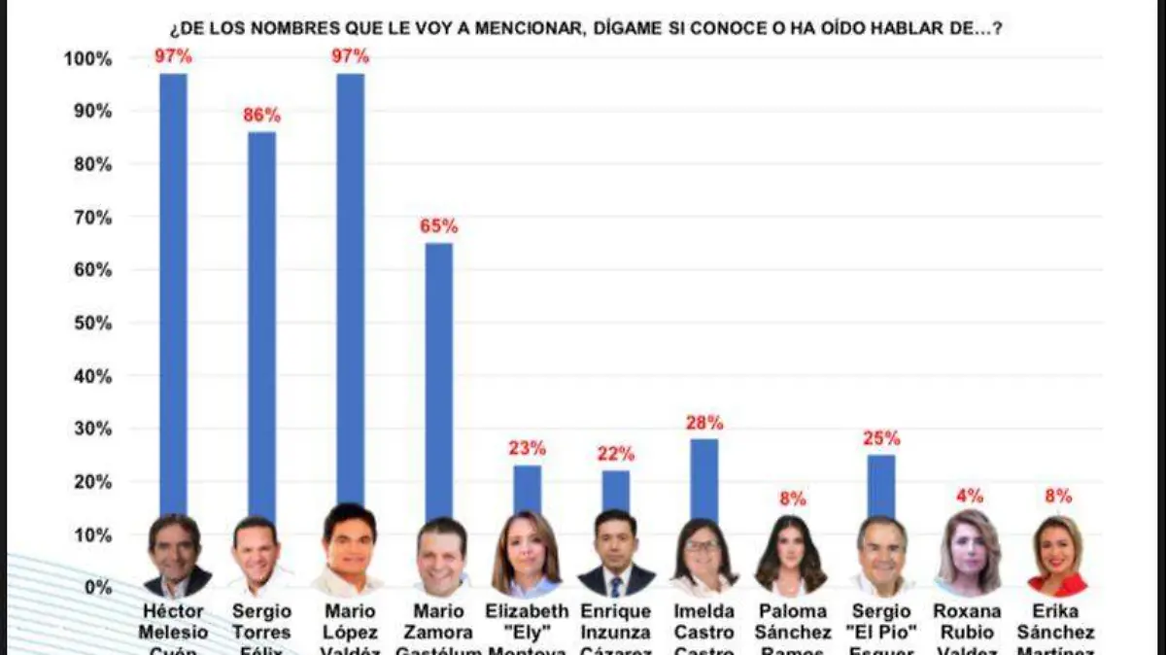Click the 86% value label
pyautogui.click(x=260, y=116)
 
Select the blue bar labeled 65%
pyautogui.click(x=439, y=379)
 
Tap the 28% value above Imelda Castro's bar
pyautogui.click(x=704, y=423)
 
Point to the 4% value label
pyautogui.click(x=970, y=496)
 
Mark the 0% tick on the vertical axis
pyautogui.click(x=97, y=588)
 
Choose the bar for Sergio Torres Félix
pyautogui.click(x=261, y=321)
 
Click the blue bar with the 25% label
pyautogui.click(x=881, y=486)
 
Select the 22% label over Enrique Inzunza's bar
pyautogui.click(x=615, y=454)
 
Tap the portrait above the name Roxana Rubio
pyautogui.click(x=969, y=552)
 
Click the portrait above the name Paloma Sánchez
pyautogui.click(x=791, y=554)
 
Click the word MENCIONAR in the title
pyautogui.click(x=532, y=29)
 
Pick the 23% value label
pyautogui.click(x=527, y=449)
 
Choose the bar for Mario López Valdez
pyautogui.click(x=351, y=292)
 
